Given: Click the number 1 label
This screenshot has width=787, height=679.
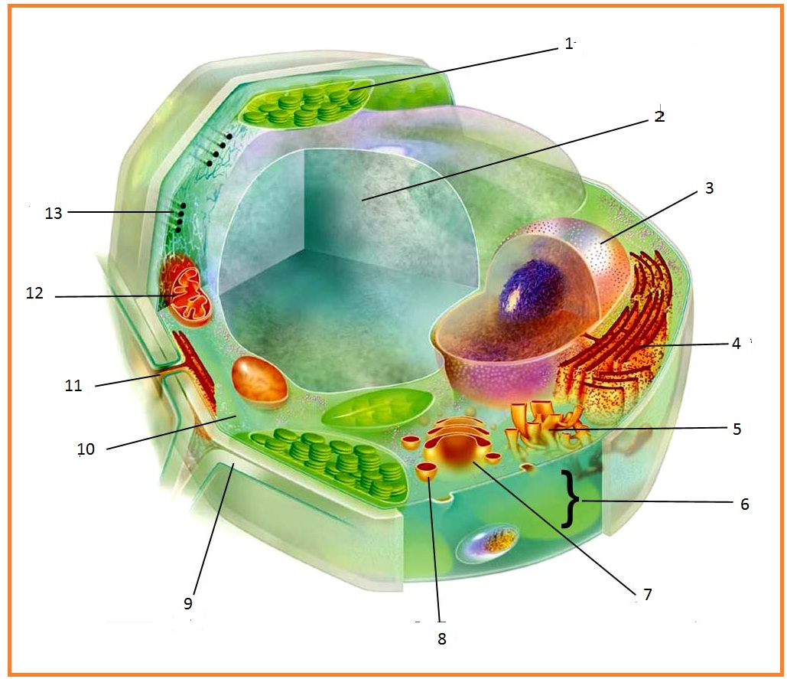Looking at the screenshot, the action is coord(568,44).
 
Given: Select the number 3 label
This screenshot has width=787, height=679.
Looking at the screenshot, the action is coord(709,188).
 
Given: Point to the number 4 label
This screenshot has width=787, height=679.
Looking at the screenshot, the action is coord(736,344).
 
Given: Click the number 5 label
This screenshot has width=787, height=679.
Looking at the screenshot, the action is coord(737,429).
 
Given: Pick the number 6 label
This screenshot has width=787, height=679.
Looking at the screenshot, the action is coord(744,504).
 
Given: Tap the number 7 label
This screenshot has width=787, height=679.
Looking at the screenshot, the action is coord(647,594).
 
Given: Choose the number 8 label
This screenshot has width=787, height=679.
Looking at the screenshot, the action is coord(441,638).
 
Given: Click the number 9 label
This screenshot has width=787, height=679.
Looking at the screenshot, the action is coord(188,603).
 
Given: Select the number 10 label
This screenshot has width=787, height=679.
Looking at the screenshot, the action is coord(86,449).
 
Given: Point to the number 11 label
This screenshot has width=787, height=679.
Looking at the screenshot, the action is coord(73,386).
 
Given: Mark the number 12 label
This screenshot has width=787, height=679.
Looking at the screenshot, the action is coord(34,293).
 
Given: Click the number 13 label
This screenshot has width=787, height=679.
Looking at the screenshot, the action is coord(53,214).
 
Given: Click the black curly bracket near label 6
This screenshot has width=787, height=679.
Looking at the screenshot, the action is coord(570,499).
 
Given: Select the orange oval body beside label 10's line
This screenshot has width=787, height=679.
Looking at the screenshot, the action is coord(259,379).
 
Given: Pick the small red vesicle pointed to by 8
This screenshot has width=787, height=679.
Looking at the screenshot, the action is coord(428,471).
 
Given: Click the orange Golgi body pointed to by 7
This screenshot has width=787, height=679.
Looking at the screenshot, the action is coord(458,447).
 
